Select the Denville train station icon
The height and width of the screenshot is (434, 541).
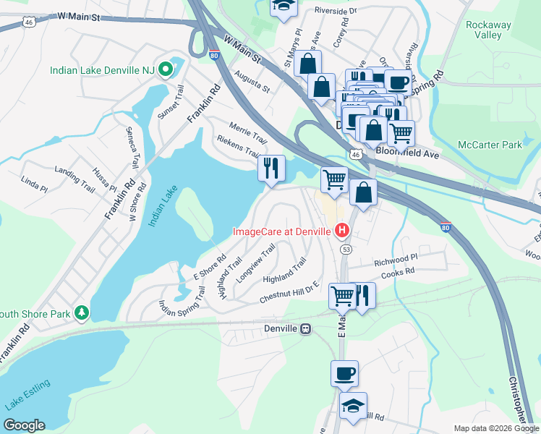pos(306,328)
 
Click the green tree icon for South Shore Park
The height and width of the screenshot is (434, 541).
pos(83,313)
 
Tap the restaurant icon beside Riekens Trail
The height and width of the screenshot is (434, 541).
pos(272,169)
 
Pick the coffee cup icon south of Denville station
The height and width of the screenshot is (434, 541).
pos(344,373)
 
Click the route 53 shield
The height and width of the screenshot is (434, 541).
pos(346,250)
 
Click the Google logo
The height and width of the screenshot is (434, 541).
pos(24,425)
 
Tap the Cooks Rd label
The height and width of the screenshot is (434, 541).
pos(398,271)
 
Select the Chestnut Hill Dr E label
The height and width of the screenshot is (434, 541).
pos(289,292)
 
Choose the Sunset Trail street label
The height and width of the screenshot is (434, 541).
pos(174,101)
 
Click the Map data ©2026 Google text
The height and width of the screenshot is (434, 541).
pos(495,428)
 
